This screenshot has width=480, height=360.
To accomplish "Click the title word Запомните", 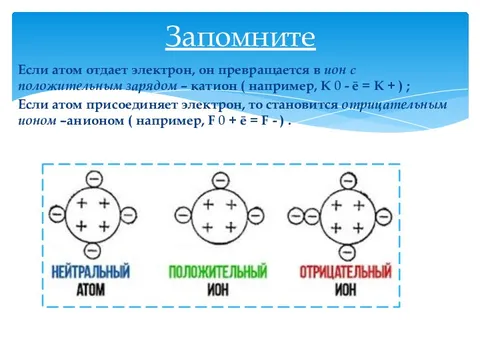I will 239,38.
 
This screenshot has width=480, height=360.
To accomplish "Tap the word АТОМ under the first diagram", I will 92,288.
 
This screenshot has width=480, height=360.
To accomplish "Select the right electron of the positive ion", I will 248,215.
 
